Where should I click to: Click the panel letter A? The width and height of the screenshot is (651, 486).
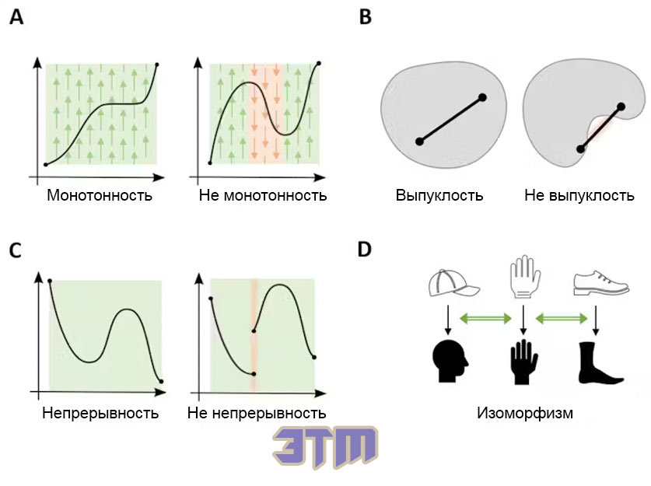[x=16, y=17]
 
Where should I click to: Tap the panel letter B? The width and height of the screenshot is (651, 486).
[x=365, y=17]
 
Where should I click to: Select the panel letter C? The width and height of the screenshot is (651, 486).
[x=16, y=250]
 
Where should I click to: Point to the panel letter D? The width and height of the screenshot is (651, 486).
[x=365, y=250]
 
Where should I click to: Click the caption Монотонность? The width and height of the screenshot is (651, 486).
[x=100, y=195]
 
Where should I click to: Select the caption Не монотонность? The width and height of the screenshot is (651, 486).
[x=263, y=195]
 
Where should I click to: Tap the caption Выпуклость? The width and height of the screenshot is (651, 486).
[x=439, y=195]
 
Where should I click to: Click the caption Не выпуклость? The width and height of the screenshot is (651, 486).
[x=579, y=195]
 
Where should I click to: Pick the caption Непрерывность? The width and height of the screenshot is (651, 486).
[x=100, y=413]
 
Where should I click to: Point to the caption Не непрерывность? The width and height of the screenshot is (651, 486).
[x=257, y=413]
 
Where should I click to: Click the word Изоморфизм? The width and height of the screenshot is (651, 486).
[x=525, y=413]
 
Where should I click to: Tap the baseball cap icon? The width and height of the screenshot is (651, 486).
[x=453, y=283]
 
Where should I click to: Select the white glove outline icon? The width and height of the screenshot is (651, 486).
[x=524, y=276]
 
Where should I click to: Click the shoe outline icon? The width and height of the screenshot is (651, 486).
[x=600, y=283]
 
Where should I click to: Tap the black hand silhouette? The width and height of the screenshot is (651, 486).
[x=523, y=362]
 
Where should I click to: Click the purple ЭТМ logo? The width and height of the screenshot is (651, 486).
[x=325, y=448]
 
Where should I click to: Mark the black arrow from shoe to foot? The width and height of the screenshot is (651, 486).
[x=596, y=320]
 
